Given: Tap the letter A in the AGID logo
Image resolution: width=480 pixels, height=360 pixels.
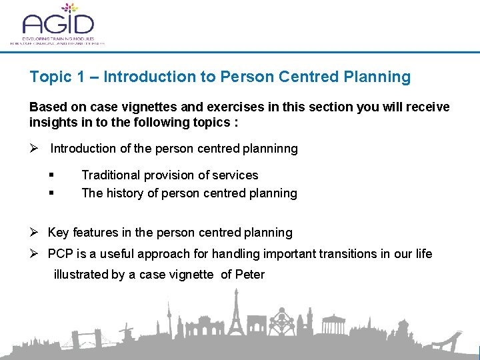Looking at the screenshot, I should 33,25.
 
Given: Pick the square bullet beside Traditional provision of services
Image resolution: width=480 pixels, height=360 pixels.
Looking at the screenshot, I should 51,175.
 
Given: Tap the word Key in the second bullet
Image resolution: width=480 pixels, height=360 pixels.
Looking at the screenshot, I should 59,233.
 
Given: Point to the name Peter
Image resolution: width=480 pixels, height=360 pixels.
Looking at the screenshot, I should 250,275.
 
